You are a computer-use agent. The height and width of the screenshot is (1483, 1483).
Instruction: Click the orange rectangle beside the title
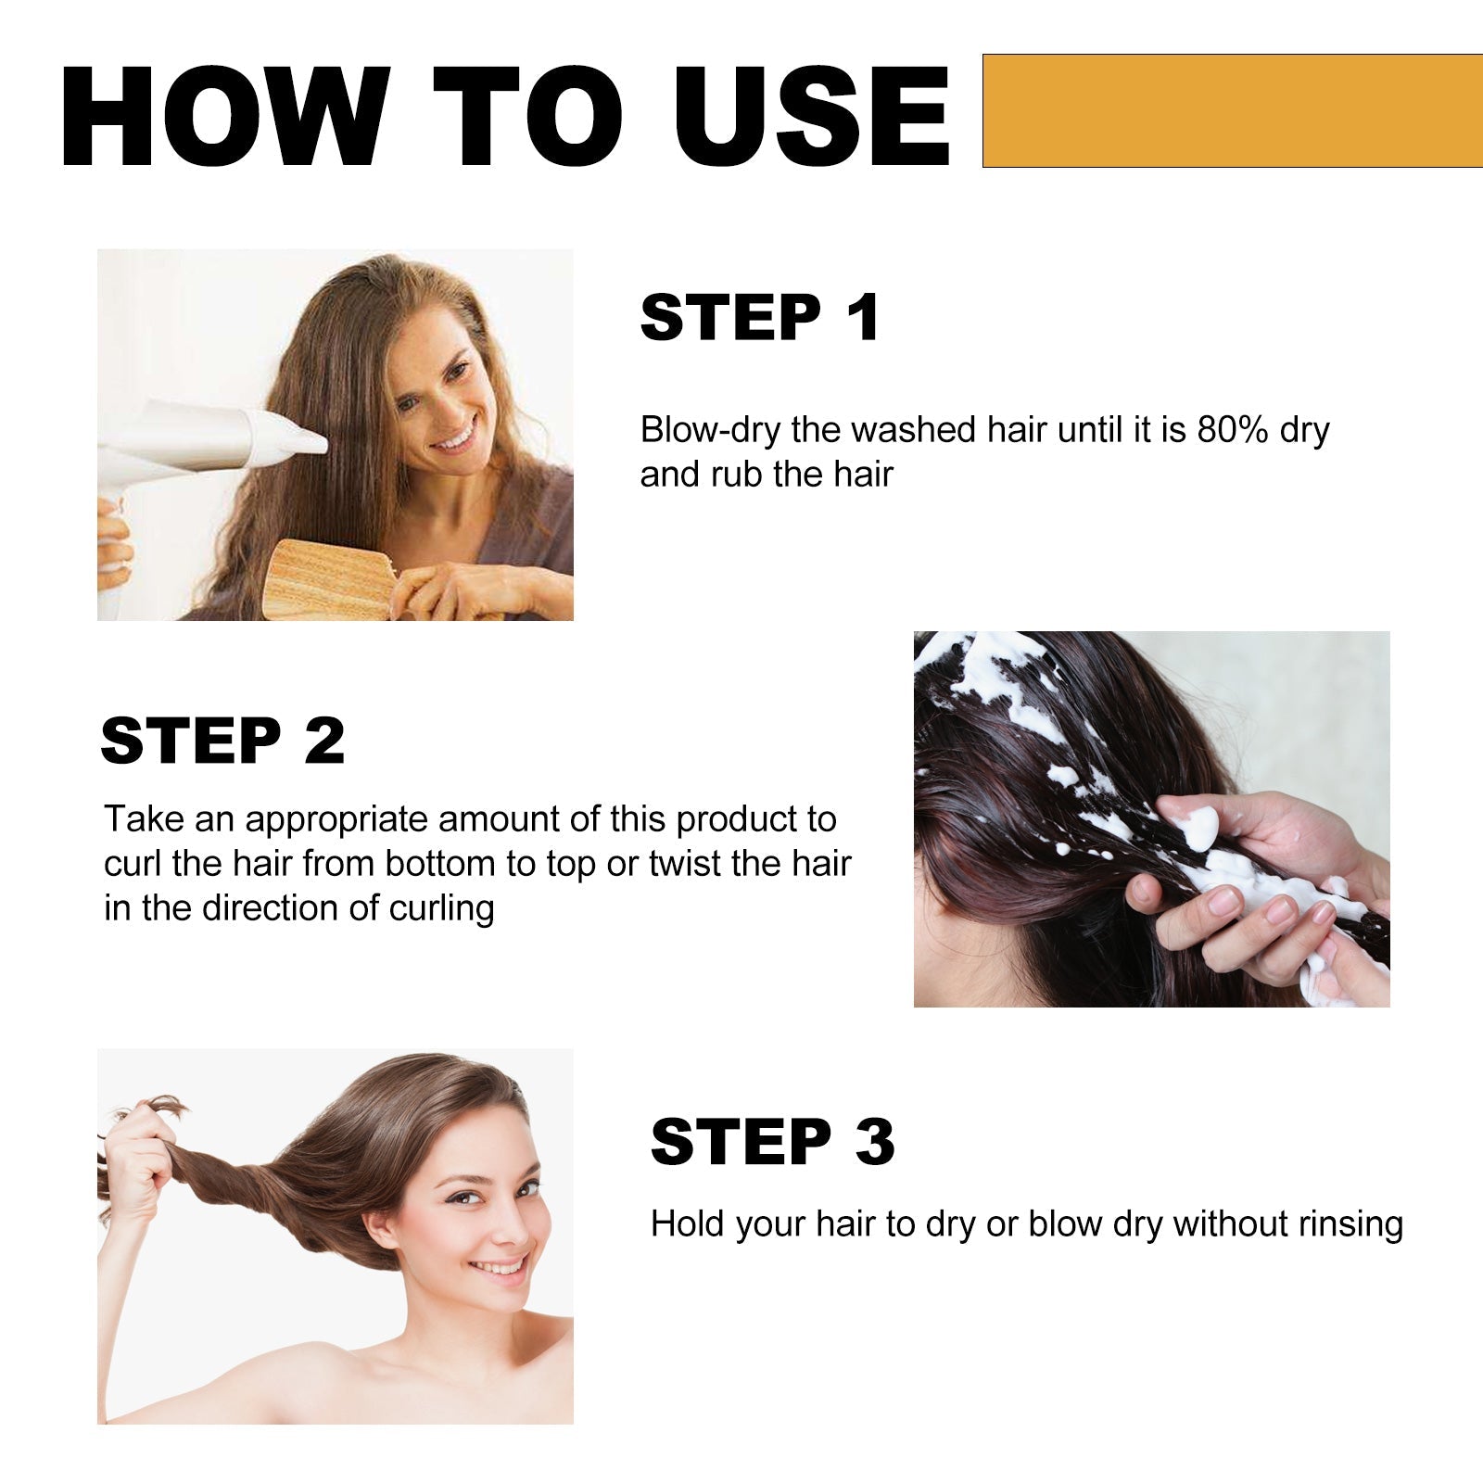coord(1232,110)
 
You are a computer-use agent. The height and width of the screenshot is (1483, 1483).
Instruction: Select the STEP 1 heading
coord(760,318)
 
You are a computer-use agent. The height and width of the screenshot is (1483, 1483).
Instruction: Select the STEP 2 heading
coord(222,741)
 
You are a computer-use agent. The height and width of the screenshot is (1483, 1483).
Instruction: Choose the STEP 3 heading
coord(772,1142)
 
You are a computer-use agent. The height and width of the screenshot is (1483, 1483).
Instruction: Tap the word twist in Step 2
coord(685,864)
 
